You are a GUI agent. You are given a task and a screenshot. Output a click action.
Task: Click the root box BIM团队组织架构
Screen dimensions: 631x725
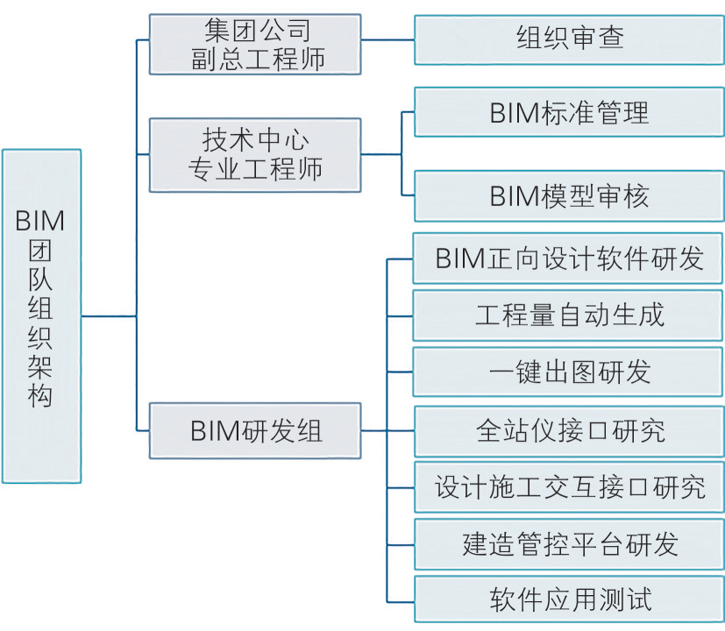41,315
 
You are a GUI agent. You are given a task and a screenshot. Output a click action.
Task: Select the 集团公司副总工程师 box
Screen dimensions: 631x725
254,44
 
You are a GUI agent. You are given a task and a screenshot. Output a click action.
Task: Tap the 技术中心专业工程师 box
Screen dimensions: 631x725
254,155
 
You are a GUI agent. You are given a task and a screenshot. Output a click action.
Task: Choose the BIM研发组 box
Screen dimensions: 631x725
254,430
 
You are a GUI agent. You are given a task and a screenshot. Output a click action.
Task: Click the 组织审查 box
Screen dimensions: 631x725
569,39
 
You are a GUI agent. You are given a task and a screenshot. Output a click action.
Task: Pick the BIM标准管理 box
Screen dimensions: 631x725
569,112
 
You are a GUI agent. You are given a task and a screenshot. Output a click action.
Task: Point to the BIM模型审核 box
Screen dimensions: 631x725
569,195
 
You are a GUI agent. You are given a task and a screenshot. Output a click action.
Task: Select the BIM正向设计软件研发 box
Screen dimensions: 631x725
569,259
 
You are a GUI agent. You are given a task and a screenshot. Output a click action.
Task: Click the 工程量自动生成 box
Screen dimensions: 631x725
569,315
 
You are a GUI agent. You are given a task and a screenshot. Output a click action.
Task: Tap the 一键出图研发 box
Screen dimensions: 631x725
569,372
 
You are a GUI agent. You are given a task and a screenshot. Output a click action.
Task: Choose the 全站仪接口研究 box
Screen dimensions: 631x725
569,430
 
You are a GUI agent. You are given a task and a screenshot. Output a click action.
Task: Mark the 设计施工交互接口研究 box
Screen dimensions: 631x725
569,486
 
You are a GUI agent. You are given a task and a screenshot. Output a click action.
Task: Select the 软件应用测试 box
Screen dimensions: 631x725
569,600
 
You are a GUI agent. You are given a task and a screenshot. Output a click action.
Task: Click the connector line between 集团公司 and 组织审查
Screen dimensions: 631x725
387,39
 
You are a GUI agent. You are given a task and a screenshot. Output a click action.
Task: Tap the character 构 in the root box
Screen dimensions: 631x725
40,395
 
